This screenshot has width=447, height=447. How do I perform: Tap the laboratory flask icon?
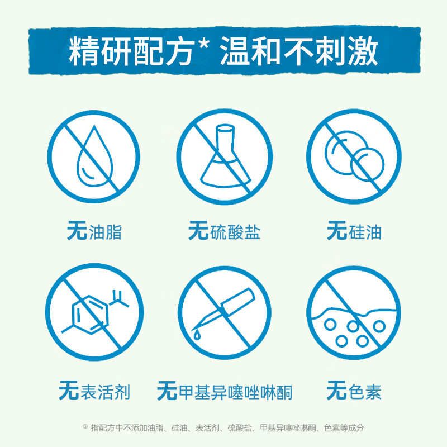coord(224,156)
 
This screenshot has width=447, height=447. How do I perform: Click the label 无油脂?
coord(94,231)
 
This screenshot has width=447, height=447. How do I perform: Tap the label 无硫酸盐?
coord(224,231)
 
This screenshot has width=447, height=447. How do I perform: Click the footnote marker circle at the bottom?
coord(85,426)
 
